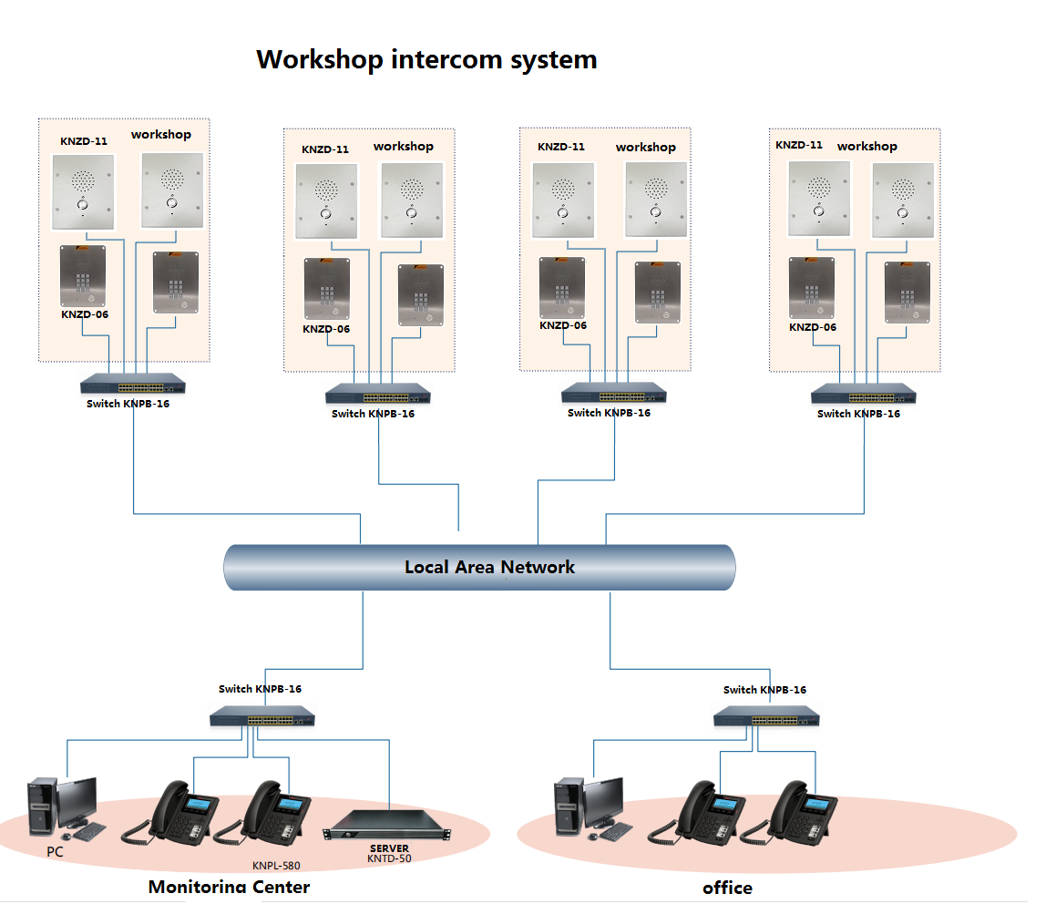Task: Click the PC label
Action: (x=56, y=851)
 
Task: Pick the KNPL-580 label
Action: (x=276, y=866)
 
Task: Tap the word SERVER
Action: (x=389, y=848)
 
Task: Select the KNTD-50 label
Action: (x=389, y=858)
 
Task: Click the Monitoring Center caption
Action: (x=229, y=887)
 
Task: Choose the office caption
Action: (x=727, y=888)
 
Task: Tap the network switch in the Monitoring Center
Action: (x=262, y=717)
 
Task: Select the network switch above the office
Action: (x=766, y=717)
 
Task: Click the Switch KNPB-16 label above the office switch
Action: (x=764, y=690)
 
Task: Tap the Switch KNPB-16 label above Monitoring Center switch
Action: (x=260, y=689)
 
